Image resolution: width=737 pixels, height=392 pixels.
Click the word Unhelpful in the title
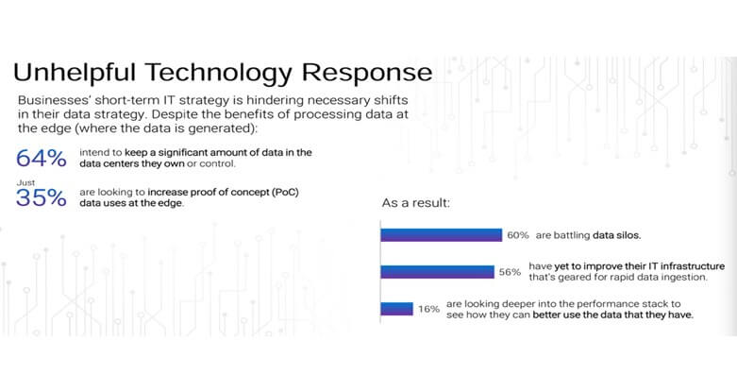(x=75, y=74)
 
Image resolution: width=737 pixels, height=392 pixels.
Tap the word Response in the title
(x=367, y=74)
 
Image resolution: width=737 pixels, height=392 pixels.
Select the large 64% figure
(x=41, y=158)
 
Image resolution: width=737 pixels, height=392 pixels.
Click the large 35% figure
(x=41, y=197)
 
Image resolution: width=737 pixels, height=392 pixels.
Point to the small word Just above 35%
(x=25, y=182)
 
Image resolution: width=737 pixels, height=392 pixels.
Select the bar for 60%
(x=442, y=235)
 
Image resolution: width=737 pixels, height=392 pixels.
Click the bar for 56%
(x=437, y=272)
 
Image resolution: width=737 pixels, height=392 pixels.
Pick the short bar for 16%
(x=396, y=309)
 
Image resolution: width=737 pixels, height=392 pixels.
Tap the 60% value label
(x=517, y=235)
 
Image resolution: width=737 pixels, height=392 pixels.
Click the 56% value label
(x=510, y=272)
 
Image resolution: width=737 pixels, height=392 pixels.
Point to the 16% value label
(x=428, y=309)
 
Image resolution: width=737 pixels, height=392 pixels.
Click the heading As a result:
(x=415, y=203)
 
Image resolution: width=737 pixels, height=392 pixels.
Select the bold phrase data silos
(x=616, y=235)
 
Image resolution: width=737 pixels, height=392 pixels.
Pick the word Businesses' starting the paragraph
(x=54, y=100)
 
